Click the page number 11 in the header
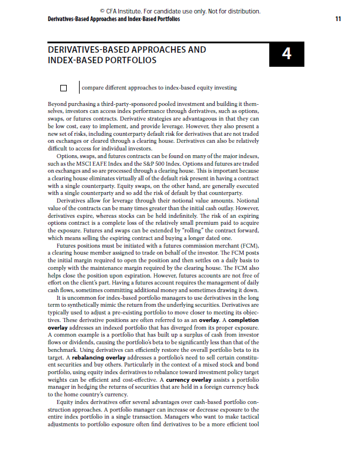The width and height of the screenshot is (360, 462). [338, 19]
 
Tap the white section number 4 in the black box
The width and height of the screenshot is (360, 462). [286, 54]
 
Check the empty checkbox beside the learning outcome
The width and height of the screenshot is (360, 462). [64, 88]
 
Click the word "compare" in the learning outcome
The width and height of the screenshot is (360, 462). [93, 88]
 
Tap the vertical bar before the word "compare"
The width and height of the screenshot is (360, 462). [79, 88]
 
